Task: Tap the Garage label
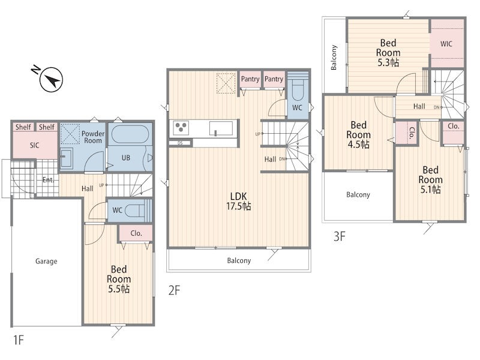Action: [x=46, y=261]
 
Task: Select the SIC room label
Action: [x=35, y=145]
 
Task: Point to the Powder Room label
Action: [x=93, y=137]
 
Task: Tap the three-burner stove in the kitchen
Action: [x=181, y=127]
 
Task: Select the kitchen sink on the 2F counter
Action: [x=221, y=128]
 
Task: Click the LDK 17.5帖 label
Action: [x=238, y=201]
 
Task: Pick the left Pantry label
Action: [x=250, y=79]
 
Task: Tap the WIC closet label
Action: [x=446, y=44]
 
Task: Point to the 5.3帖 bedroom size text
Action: [x=388, y=62]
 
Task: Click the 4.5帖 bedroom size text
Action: [x=358, y=144]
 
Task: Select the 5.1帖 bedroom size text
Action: [x=430, y=190]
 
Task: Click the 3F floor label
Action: [x=339, y=236]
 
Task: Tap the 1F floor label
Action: [x=19, y=340]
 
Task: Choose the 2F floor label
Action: [x=174, y=290]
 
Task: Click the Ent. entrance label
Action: [x=49, y=179]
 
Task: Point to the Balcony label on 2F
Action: [x=239, y=260]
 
